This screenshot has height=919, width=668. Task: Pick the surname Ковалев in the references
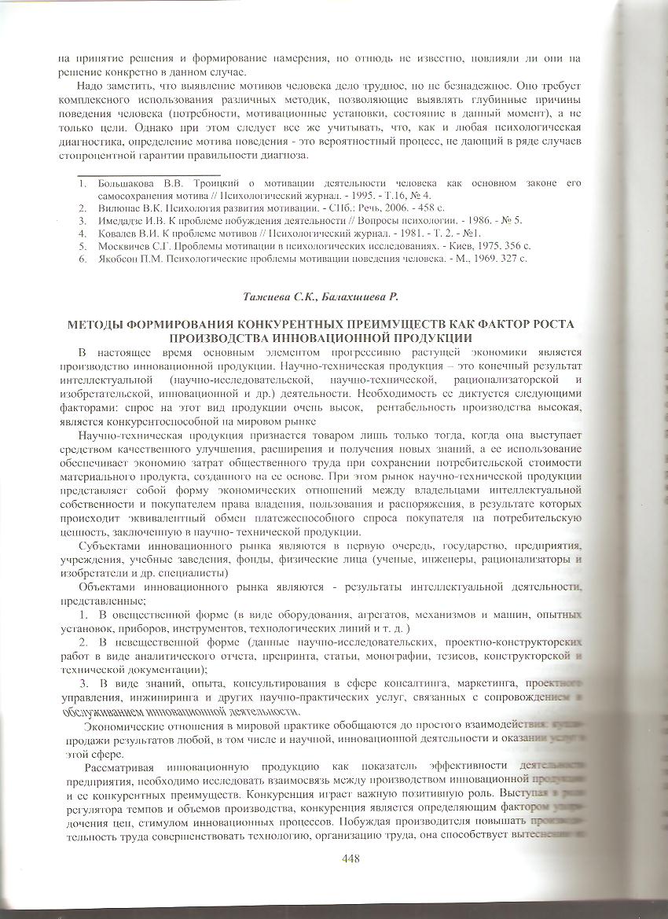pos(120,233)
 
